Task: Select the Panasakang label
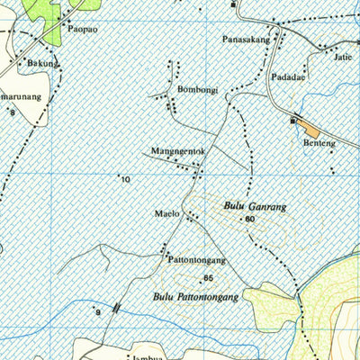point(245,40)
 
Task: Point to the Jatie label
point(342,57)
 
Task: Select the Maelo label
point(167,213)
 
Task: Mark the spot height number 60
point(249,220)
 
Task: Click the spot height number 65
point(208,278)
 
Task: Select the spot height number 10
point(125,180)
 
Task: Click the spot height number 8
point(13,112)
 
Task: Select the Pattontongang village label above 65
point(196,260)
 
